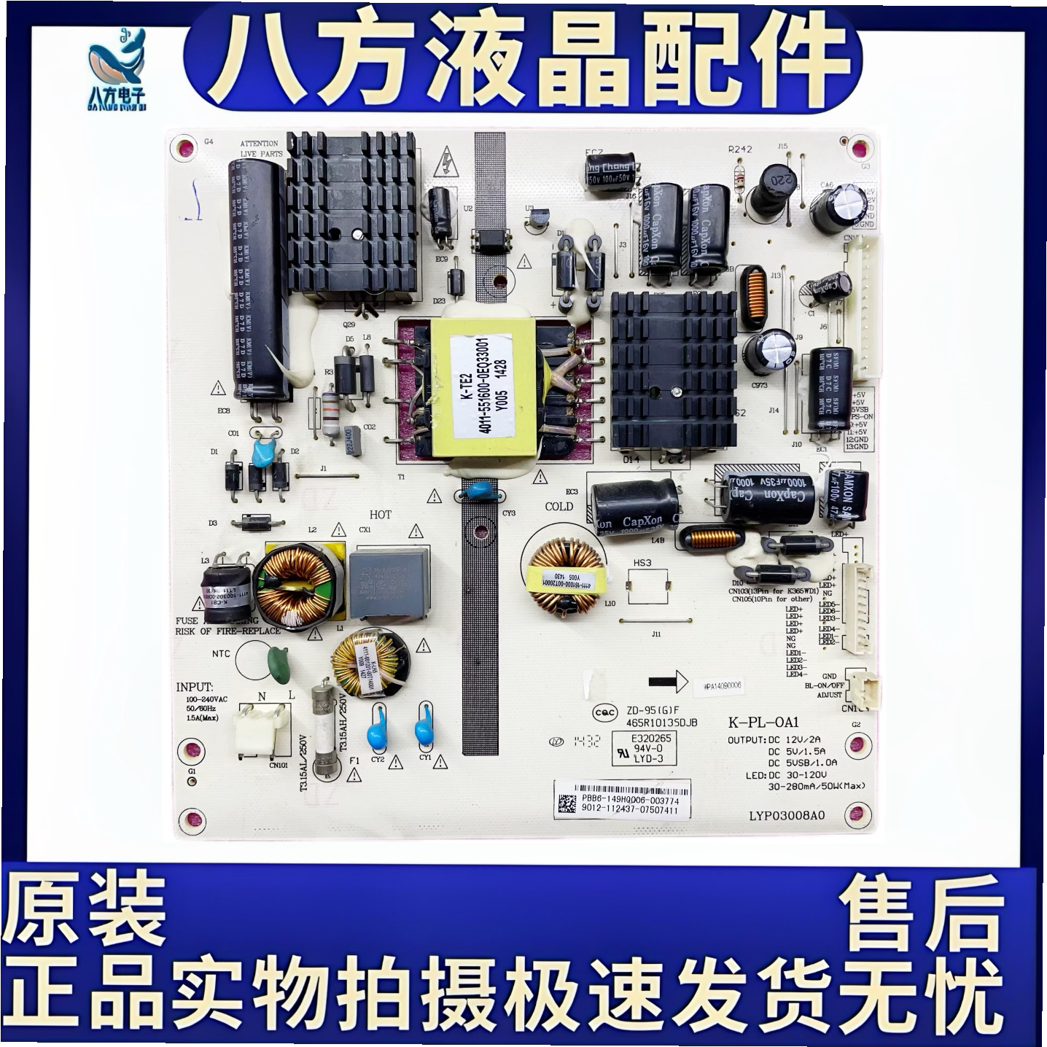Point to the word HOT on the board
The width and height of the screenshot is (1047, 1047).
coord(380,515)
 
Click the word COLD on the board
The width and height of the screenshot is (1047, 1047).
coord(558,506)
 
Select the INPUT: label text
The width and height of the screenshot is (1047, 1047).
coord(195,687)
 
